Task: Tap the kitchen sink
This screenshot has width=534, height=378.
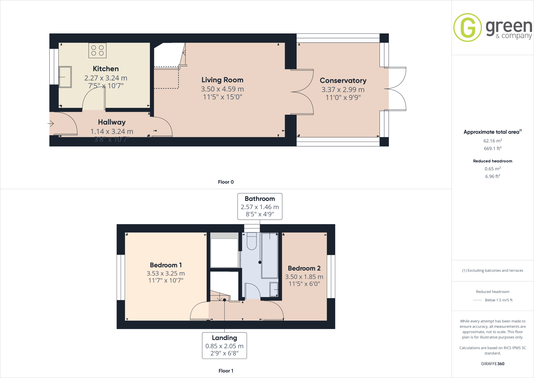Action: pyautogui.click(x=65, y=77)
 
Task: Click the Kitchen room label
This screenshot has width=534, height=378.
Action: pyautogui.click(x=106, y=69)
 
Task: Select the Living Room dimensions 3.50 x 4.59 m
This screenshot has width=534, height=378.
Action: pyautogui.click(x=222, y=89)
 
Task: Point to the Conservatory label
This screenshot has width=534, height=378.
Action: pyautogui.click(x=343, y=81)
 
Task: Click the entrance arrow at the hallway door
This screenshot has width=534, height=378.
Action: pyautogui.click(x=51, y=123)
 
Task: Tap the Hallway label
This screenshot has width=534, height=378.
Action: pyautogui.click(x=112, y=122)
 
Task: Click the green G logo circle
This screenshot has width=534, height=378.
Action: pyautogui.click(x=468, y=28)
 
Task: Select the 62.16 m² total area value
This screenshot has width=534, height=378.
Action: pyautogui.click(x=493, y=141)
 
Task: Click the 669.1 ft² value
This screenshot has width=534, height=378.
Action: pyautogui.click(x=493, y=149)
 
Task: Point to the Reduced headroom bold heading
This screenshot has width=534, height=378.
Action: pyautogui.click(x=493, y=161)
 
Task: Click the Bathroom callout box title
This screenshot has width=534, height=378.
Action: pyautogui.click(x=260, y=199)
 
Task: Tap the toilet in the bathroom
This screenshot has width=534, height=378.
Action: pyautogui.click(x=252, y=241)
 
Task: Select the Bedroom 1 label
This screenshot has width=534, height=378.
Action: pyautogui.click(x=166, y=265)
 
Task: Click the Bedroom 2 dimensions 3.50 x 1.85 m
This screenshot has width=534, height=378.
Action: pyautogui.click(x=304, y=277)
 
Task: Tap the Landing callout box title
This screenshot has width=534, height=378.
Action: pyautogui.click(x=224, y=338)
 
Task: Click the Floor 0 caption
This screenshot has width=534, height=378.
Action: pyautogui.click(x=226, y=182)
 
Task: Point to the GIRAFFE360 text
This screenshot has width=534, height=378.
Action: pyautogui.click(x=493, y=364)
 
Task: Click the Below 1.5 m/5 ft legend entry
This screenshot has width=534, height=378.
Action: pyautogui.click(x=499, y=300)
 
